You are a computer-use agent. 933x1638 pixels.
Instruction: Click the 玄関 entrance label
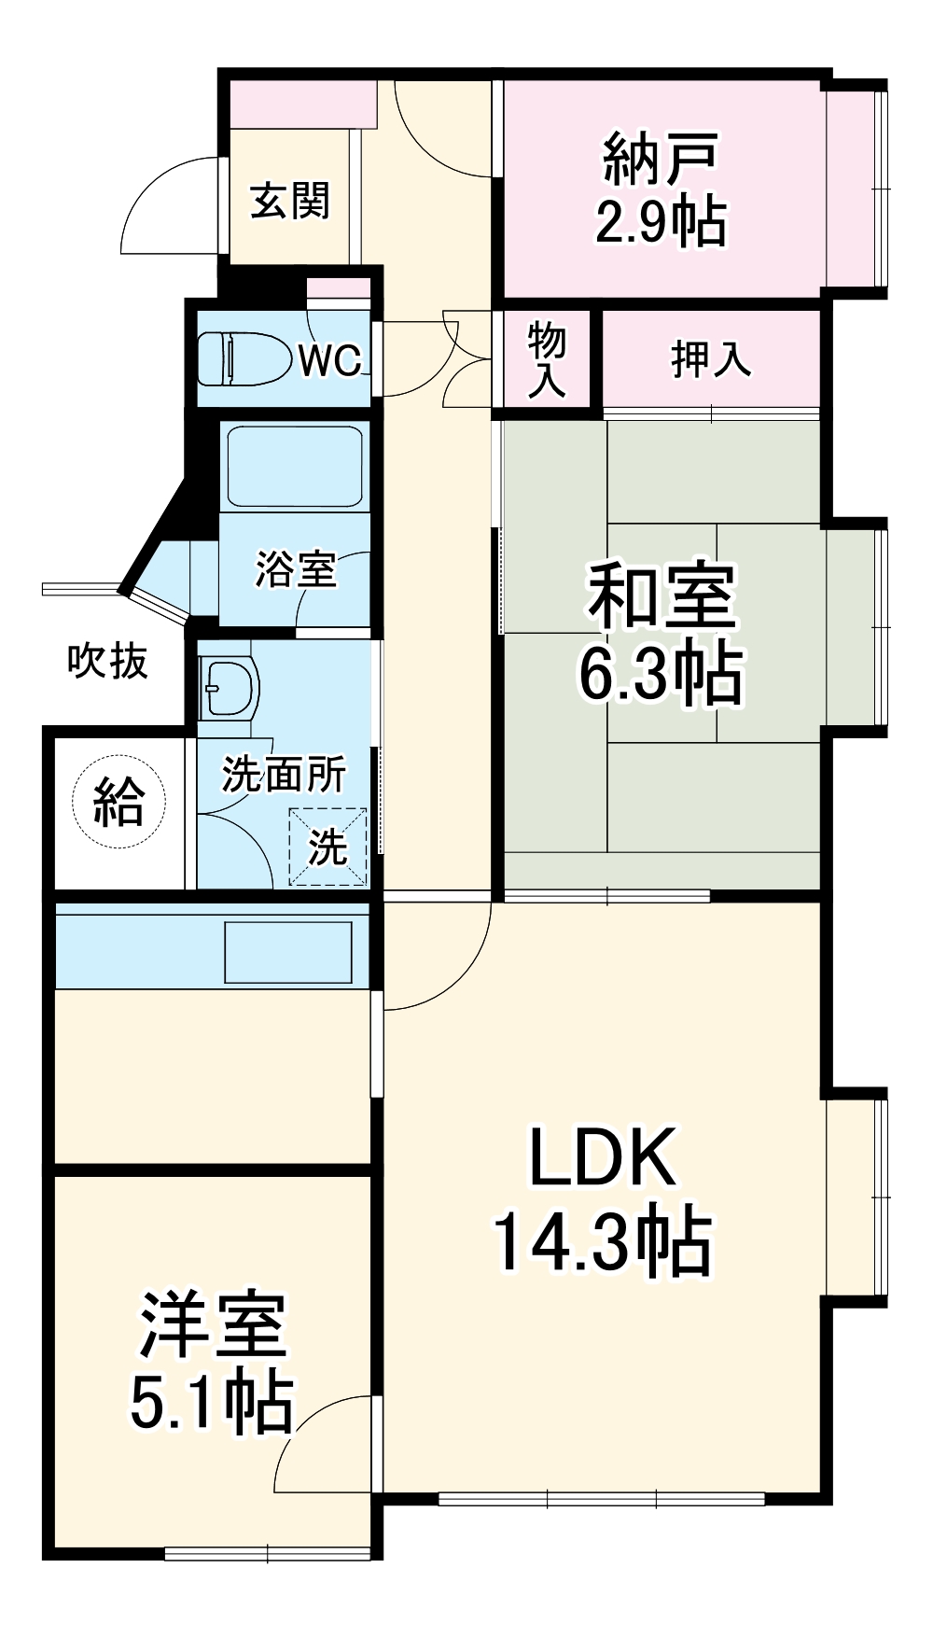pos(290,201)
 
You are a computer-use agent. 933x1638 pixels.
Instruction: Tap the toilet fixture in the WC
pos(243,359)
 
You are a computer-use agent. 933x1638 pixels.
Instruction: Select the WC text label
pos(329,360)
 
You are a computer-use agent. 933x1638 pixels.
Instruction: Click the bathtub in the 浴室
pos(295,467)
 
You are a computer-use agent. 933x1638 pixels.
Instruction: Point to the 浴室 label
pos(296,568)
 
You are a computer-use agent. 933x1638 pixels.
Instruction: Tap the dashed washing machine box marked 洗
pos(327,847)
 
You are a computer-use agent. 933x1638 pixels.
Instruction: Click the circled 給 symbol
pos(118,801)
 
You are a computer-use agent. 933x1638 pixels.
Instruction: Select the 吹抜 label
pos(107,662)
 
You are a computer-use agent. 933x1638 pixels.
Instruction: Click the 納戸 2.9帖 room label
pos(661,189)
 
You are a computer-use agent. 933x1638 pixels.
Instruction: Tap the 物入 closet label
pos(547,360)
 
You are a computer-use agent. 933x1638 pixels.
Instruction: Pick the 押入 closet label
pos(711,359)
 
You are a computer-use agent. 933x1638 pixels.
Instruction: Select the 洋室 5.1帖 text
pos(212,1363)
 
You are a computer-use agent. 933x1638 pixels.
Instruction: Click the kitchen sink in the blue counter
pos(288,952)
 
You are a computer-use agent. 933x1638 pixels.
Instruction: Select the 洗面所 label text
pos(284,775)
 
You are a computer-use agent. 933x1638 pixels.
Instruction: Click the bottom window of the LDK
pos(602,1499)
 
